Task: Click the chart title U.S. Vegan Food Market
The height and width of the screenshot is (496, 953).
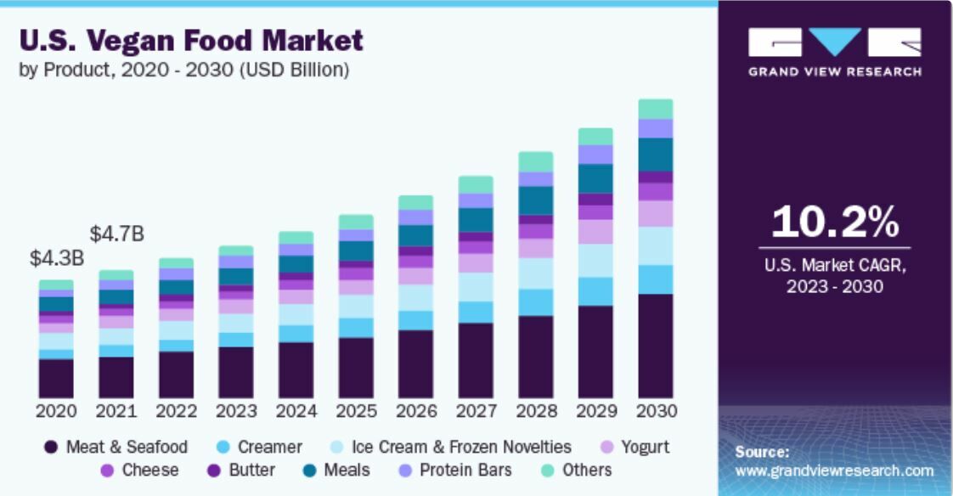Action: point(191,40)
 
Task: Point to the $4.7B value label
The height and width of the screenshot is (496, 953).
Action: point(118,234)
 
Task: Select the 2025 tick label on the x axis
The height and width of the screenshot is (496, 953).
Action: point(356,411)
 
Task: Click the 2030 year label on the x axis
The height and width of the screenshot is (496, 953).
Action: point(656,411)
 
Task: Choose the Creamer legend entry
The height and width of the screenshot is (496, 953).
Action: point(259,447)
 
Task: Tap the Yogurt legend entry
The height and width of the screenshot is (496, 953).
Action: point(634,447)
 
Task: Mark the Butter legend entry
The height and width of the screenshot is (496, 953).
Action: point(241,470)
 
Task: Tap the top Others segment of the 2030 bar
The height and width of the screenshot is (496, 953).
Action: point(656,109)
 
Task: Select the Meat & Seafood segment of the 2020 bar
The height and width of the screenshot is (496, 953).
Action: point(56,378)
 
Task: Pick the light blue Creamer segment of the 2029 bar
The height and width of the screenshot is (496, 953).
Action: point(595,291)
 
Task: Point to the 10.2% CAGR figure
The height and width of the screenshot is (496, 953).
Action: point(835,223)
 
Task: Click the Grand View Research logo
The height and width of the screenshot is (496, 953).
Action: point(834,52)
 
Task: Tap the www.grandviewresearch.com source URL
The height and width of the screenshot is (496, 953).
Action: point(834,471)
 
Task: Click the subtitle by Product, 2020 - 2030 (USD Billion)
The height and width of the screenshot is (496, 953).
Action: point(183,70)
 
